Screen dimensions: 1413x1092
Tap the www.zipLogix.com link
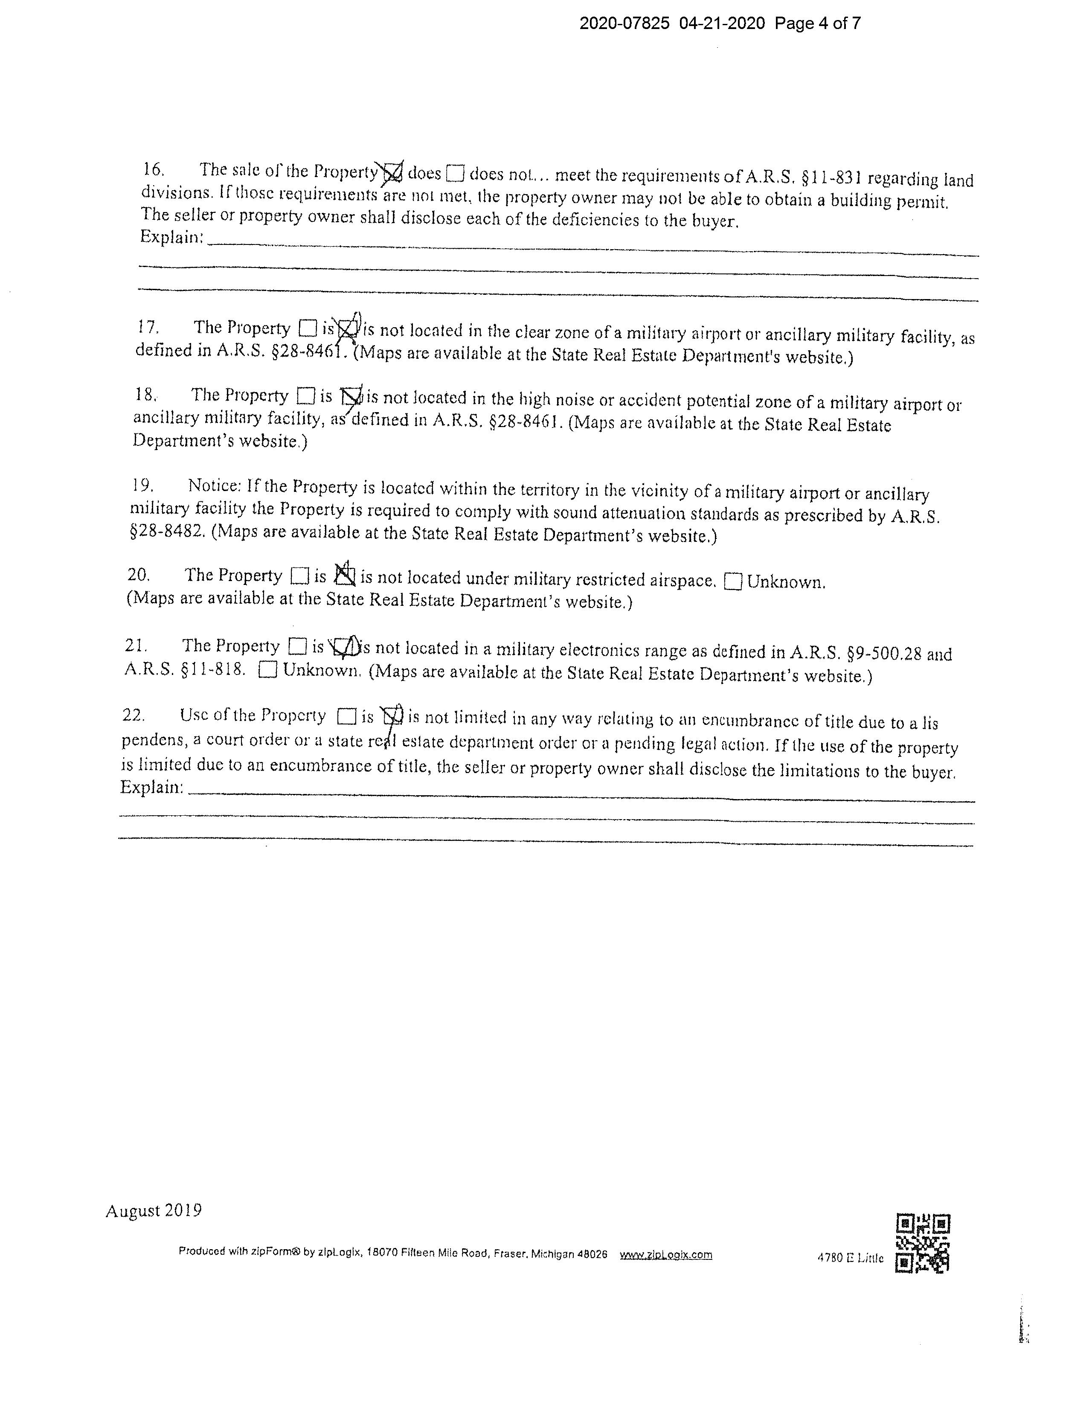tap(666, 1254)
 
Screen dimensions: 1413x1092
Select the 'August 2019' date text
tap(153, 1210)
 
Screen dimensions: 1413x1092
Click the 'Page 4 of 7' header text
tap(818, 24)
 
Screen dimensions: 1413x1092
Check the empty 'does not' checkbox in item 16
tap(456, 173)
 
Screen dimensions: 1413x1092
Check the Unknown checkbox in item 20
tap(732, 581)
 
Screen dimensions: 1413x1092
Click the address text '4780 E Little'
tap(850, 1258)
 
